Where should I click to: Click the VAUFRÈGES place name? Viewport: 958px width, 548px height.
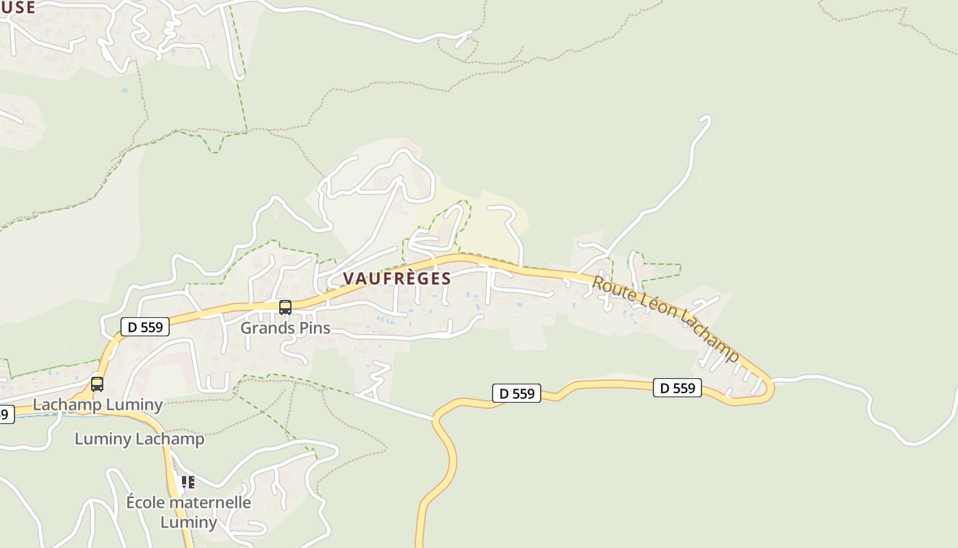click(x=397, y=279)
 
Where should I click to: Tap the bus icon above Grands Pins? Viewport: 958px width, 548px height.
click(x=285, y=308)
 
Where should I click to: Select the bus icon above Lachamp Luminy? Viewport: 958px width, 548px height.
click(x=97, y=384)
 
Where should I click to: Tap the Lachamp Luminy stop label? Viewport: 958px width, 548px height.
click(x=98, y=405)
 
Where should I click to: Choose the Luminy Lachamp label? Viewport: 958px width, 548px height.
click(x=139, y=439)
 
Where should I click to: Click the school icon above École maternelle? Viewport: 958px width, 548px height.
click(x=187, y=482)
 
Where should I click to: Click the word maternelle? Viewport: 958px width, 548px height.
click(x=209, y=502)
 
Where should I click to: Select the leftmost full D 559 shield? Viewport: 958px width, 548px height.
click(x=145, y=327)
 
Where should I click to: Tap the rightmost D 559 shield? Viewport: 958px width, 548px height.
click(x=677, y=388)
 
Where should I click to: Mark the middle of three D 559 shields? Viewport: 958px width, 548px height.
click(x=517, y=393)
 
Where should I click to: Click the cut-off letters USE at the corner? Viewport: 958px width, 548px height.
click(x=18, y=7)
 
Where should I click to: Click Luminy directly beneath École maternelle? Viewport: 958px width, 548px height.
click(x=188, y=522)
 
